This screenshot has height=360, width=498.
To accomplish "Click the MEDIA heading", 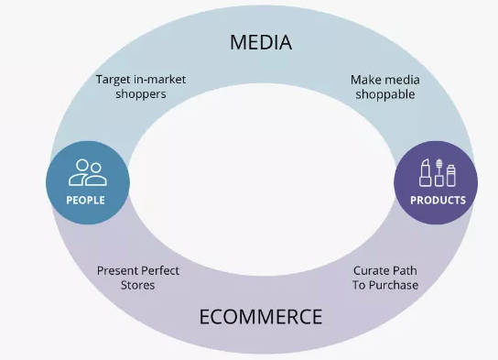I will tap(260, 42).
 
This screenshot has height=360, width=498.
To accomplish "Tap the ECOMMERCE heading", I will tap(260, 317).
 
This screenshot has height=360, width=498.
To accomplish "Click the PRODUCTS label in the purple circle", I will tap(438, 200).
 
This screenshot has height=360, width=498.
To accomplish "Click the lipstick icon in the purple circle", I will tap(425, 172).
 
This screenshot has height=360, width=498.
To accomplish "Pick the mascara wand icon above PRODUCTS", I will tap(438, 172).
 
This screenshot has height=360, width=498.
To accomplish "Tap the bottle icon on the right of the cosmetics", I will tap(450, 174).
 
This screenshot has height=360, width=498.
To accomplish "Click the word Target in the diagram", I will tap(114, 80).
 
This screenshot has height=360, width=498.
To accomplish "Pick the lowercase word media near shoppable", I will tap(401, 80).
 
